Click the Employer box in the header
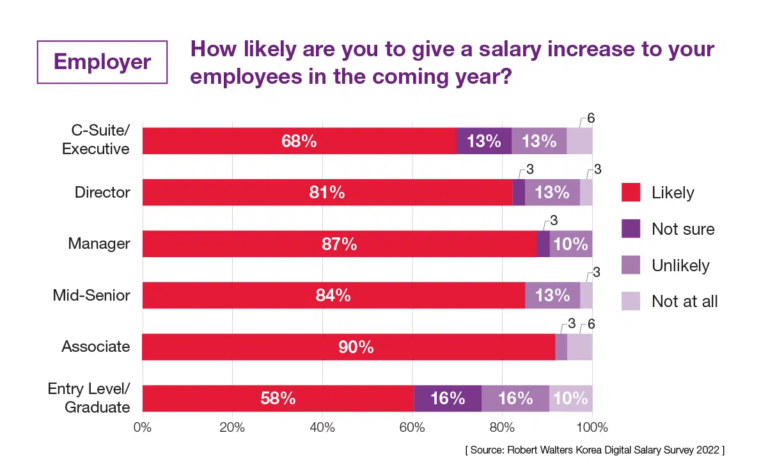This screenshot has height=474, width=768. pos(102,62)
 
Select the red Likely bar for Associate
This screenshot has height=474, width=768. pos(349,347)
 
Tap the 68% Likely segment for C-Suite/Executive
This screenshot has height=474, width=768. pos(299,141)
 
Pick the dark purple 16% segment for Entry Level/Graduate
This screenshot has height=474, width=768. pos(448,398)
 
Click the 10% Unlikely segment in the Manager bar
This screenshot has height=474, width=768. pos(570,244)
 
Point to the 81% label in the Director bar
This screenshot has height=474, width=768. pos(327,192)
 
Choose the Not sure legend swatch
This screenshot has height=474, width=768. pos(631,228)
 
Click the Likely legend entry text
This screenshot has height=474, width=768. pos(673,192)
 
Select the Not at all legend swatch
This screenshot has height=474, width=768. pos(631,301)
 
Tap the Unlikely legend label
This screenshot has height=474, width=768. pos(680,265)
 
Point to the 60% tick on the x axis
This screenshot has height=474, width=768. pos(412,427)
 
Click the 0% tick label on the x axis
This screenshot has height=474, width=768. pos(142,427)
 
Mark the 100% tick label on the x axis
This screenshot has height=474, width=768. pos(592,427)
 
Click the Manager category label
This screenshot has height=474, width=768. pos(99,244)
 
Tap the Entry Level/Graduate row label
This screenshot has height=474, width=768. pos(90,398)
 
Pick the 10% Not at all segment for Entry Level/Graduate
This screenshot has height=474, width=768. pos(570,398)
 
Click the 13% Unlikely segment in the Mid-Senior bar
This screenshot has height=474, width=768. pos(552,296)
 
